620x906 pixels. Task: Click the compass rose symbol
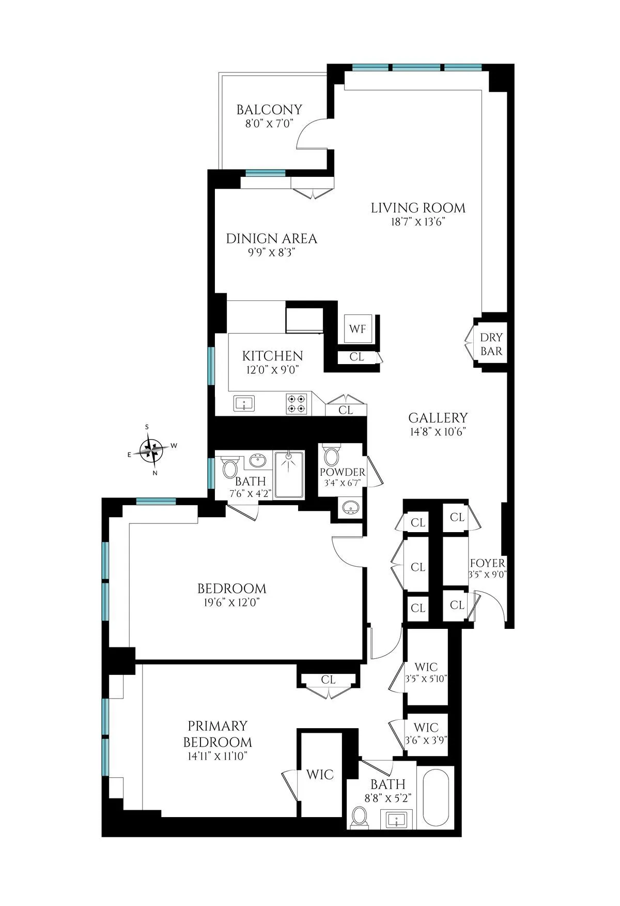pos(152,449)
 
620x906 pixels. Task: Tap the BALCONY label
pos(269,110)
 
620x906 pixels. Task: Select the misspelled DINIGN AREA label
pos(271,238)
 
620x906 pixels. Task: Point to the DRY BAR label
pos(491,344)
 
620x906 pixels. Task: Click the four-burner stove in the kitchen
pos(297,403)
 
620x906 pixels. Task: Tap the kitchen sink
pos(243,403)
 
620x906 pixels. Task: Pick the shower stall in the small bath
pos(289,475)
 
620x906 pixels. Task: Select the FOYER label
pos(487,563)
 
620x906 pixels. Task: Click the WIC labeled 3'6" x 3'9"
pos(426,733)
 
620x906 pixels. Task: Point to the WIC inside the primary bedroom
pos(320,775)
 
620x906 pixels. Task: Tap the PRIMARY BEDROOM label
pos(218,733)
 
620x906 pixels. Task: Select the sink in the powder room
pos(351,508)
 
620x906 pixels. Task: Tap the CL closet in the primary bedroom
pos(328,679)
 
